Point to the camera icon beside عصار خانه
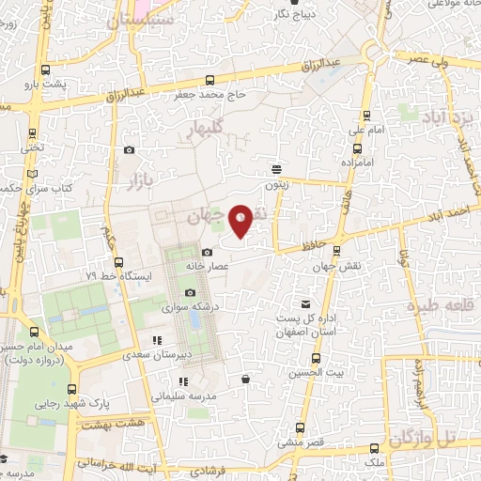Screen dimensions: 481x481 pos(208,252)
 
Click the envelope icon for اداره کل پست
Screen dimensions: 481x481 pos(305,303)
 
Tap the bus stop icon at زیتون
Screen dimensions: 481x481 pos(276,169)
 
